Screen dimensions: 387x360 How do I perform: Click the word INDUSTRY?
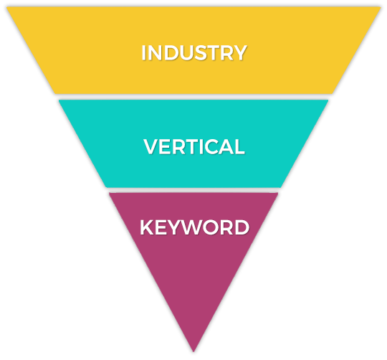[x=194, y=52]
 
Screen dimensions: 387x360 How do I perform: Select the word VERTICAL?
[x=194, y=146]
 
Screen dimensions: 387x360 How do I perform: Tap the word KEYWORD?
[x=194, y=227]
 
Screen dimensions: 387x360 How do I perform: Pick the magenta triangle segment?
[x=193, y=260]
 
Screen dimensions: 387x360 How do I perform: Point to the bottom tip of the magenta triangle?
[x=193, y=351]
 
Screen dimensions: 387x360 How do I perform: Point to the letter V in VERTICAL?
[x=150, y=146]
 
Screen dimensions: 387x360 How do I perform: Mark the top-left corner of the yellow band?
[x=7, y=7]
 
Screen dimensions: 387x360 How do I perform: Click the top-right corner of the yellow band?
[x=381, y=7]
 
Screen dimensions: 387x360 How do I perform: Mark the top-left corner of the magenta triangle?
[x=110, y=194]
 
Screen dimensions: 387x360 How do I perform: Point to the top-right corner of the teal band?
[x=328, y=100]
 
